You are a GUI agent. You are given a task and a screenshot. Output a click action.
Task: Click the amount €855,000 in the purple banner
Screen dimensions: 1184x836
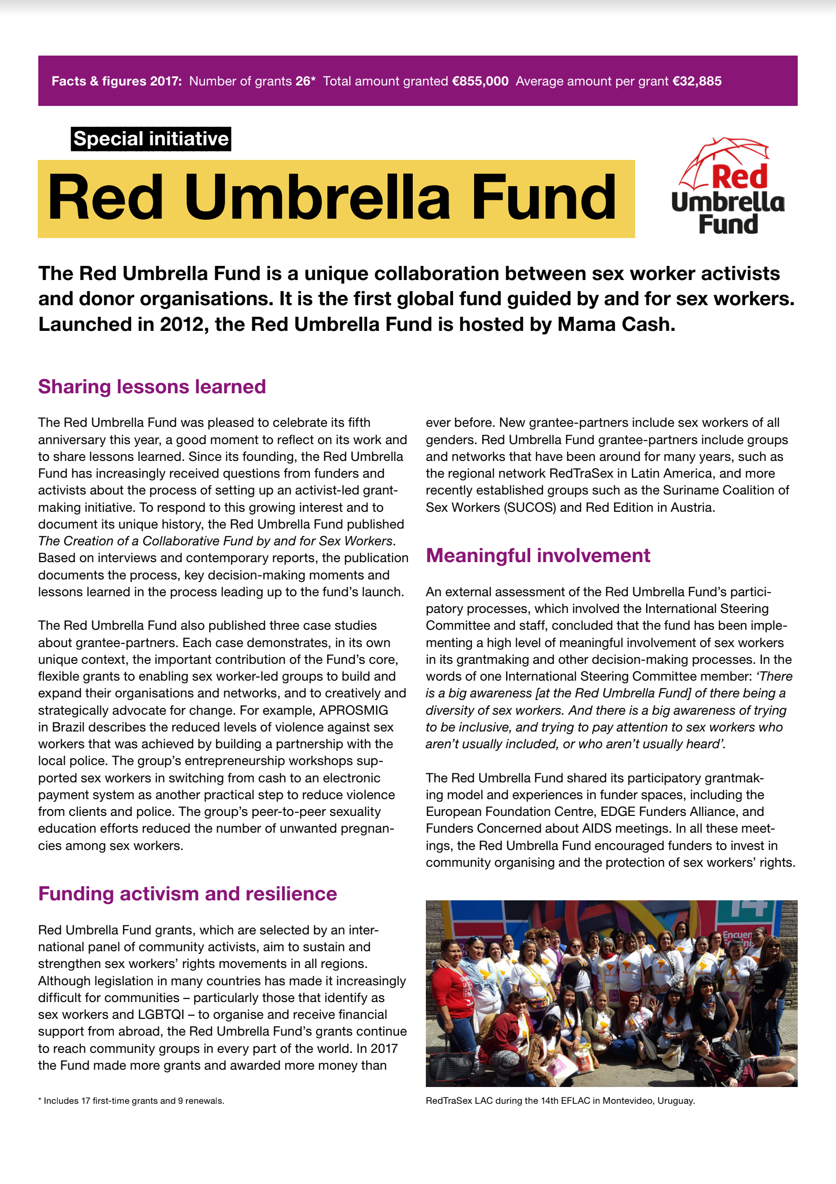(480, 81)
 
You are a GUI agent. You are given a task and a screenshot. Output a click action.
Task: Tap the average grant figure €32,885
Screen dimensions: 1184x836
(696, 81)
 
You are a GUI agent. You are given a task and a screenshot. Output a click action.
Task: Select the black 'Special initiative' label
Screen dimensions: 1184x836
(151, 139)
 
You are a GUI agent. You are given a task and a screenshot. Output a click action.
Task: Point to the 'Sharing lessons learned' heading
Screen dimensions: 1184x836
(152, 386)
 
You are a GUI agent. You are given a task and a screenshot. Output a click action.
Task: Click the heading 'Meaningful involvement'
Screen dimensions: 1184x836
(538, 555)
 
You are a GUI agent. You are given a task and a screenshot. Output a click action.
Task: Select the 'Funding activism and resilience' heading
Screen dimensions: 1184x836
(187, 894)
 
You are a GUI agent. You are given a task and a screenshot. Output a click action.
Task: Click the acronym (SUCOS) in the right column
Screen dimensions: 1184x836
(530, 508)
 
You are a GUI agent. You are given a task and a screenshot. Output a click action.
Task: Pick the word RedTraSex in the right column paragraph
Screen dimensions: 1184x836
(581, 473)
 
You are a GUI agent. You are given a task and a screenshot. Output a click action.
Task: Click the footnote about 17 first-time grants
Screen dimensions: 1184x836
(131, 1101)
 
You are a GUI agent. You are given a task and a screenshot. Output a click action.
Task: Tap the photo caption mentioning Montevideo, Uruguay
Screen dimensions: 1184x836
(560, 1101)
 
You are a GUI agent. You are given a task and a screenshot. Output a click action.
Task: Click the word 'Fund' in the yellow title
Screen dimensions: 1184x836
(544, 198)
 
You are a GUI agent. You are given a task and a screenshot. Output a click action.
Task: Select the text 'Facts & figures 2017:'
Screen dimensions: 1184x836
(116, 81)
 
